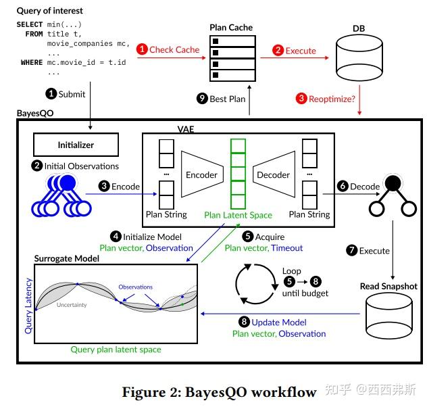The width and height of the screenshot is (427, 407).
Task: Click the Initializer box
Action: click(x=76, y=145)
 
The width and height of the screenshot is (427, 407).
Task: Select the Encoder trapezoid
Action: click(x=201, y=174)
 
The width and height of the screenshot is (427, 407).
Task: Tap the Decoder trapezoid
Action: click(x=273, y=174)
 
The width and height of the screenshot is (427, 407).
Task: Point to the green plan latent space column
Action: click(x=238, y=174)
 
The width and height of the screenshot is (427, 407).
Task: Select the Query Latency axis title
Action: click(x=28, y=306)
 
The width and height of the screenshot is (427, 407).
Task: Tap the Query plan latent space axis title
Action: click(x=116, y=350)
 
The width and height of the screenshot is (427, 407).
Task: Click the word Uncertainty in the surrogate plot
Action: click(x=72, y=305)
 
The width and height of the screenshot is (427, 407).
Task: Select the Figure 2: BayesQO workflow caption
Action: click(x=219, y=392)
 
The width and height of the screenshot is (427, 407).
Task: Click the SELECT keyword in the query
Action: click(x=30, y=24)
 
